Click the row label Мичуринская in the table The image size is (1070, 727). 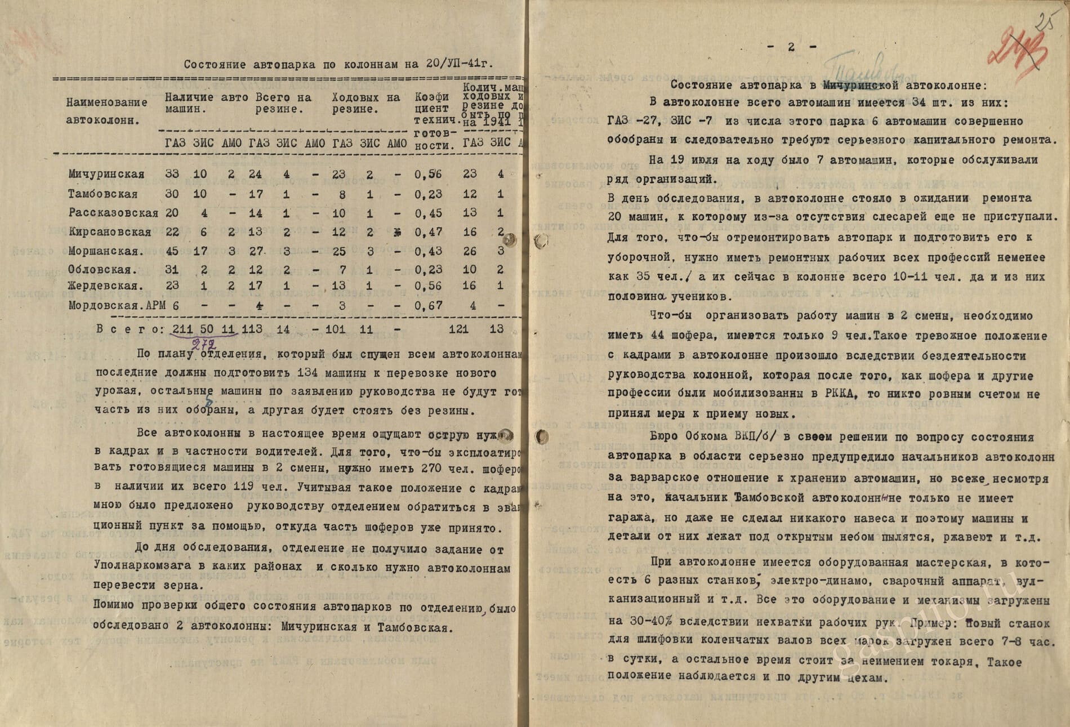click(x=106, y=174)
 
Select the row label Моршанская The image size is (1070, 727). click(x=106, y=251)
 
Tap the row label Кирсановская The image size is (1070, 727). click(x=110, y=232)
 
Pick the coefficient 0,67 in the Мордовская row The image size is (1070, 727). click(x=429, y=306)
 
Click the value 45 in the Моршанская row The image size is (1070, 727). click(x=172, y=251)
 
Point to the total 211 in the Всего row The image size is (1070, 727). click(x=182, y=329)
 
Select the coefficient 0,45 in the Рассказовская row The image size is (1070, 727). click(x=429, y=213)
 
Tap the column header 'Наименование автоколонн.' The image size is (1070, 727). click(x=106, y=111)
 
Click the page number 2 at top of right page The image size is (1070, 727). click(x=791, y=47)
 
